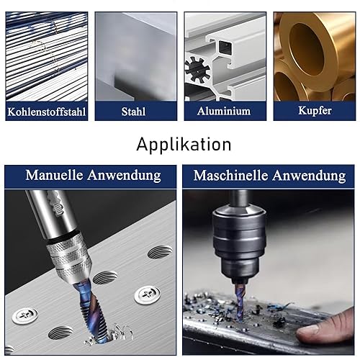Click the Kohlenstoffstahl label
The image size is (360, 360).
47,112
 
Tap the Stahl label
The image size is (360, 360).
133,112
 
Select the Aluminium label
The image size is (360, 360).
224,111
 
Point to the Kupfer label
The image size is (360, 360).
315,111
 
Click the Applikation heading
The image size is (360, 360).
184,145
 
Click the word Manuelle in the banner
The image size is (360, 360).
54,175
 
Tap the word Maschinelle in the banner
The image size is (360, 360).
230,176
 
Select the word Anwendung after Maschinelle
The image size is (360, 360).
309,176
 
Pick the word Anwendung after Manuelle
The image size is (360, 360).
124,176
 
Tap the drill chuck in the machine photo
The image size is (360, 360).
239,243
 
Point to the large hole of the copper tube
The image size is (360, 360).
307,50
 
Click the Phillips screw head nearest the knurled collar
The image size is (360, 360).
147,294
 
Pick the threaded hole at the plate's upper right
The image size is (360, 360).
160,252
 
